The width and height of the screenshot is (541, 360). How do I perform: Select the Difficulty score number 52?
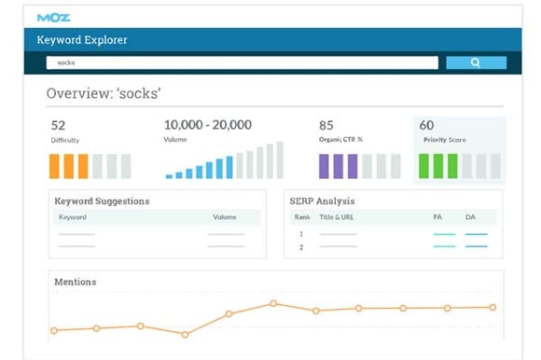tap(59, 125)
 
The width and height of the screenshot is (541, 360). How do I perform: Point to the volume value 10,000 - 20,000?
tap(208, 125)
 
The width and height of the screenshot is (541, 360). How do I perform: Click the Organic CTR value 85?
tap(326, 125)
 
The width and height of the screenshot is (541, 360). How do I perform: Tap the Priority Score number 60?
tap(426, 125)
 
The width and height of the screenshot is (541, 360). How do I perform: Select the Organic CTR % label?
tap(340, 140)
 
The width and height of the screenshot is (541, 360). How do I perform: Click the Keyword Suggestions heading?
tap(102, 201)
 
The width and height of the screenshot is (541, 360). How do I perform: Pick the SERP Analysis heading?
tap(323, 201)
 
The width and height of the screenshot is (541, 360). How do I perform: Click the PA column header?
tap(437, 216)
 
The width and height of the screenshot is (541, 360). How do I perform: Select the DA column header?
tap(471, 216)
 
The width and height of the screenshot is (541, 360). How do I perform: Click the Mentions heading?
tap(76, 282)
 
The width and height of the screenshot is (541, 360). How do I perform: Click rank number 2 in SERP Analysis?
tap(301, 246)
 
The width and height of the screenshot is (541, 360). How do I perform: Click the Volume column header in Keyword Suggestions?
tap(224, 216)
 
